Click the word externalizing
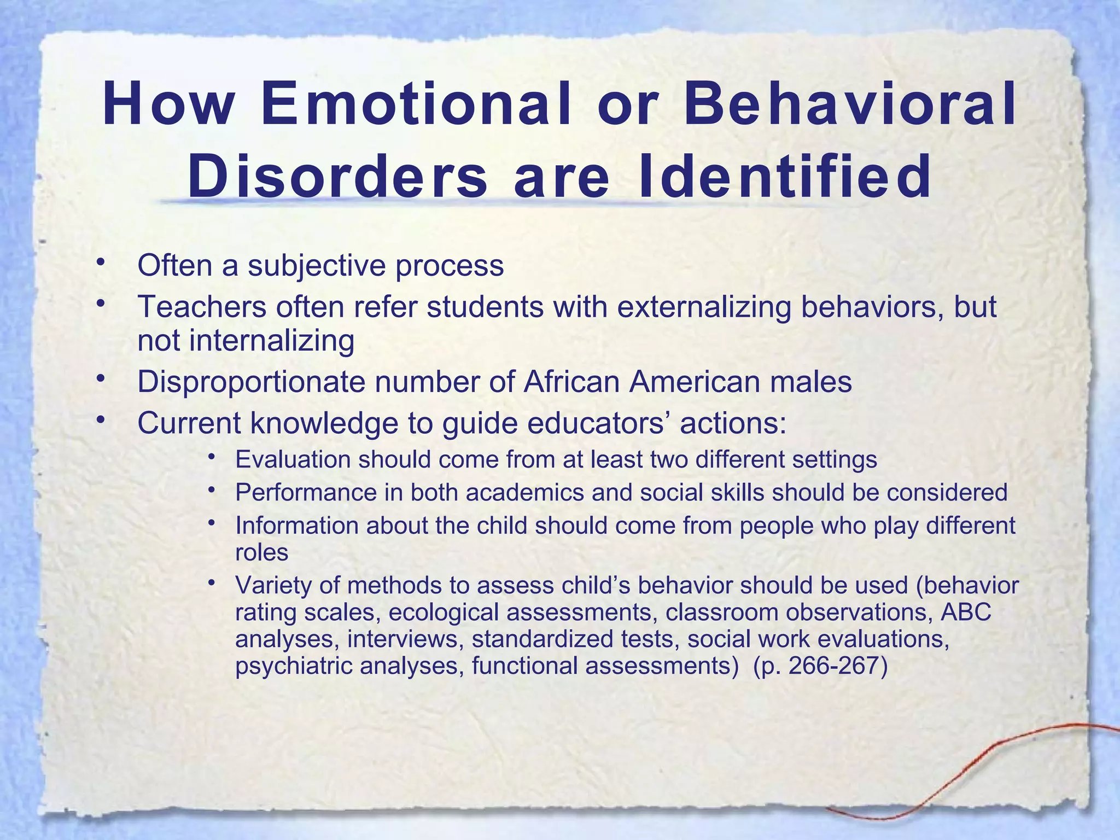coord(704,307)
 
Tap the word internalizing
coord(272,341)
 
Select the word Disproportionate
coord(251,382)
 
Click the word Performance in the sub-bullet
coord(306,493)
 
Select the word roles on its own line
coord(261,552)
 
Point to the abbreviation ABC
coord(965,612)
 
